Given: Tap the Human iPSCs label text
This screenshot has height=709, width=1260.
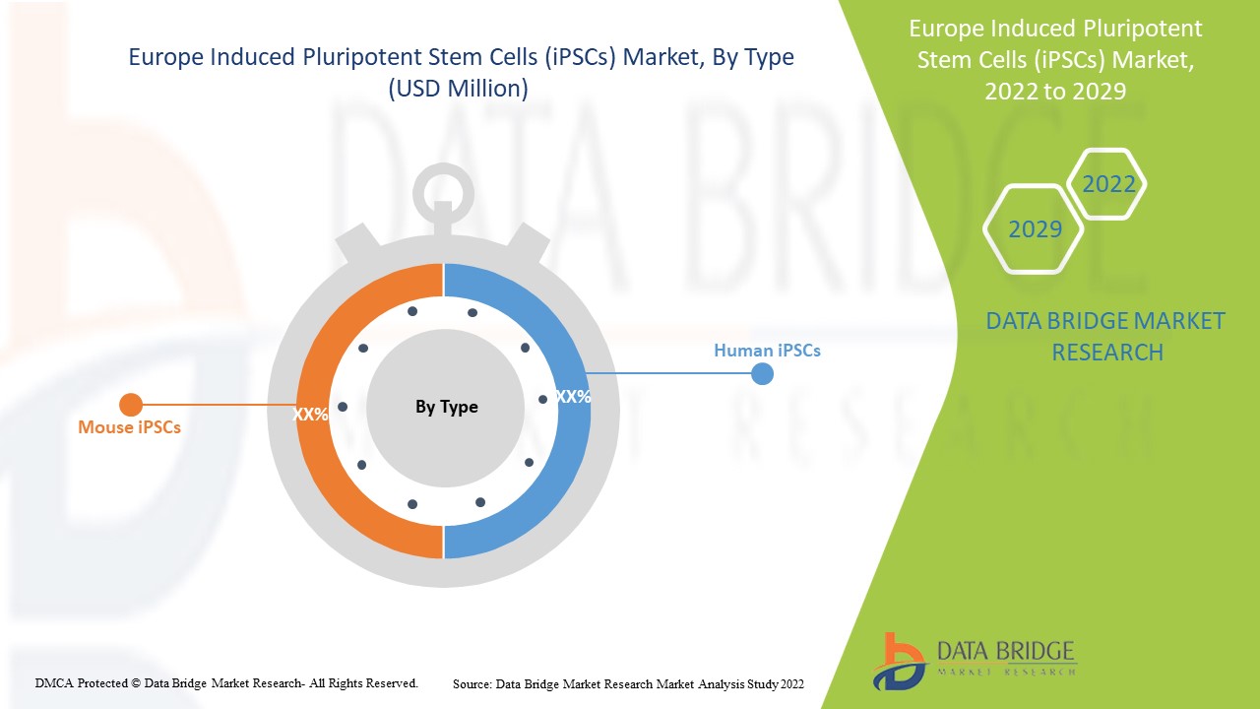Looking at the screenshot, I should [767, 350].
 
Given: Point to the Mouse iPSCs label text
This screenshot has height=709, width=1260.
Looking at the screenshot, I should [129, 427].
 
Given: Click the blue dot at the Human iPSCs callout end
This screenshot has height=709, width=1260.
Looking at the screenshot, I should [762, 374].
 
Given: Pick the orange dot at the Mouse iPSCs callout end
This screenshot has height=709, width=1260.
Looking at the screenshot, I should [131, 404].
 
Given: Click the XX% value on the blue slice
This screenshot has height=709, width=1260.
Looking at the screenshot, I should [573, 397].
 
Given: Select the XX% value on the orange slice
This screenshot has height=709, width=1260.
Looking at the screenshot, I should [310, 415].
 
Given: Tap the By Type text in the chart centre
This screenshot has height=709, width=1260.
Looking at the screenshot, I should [446, 407].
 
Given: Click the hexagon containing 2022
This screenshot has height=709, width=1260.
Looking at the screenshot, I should [1108, 184].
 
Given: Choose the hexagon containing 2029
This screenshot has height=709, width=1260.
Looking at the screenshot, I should [1035, 229].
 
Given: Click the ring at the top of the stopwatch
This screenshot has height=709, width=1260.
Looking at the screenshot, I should [443, 188].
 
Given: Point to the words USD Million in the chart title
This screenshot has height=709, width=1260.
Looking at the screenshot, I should [459, 89].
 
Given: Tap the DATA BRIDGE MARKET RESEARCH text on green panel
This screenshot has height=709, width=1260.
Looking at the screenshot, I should [1105, 336].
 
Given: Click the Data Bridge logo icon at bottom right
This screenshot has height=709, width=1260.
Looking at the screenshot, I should [899, 660].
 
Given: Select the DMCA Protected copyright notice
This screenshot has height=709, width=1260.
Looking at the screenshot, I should [226, 682].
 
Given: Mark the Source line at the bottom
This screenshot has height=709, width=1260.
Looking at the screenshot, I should [628, 683].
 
